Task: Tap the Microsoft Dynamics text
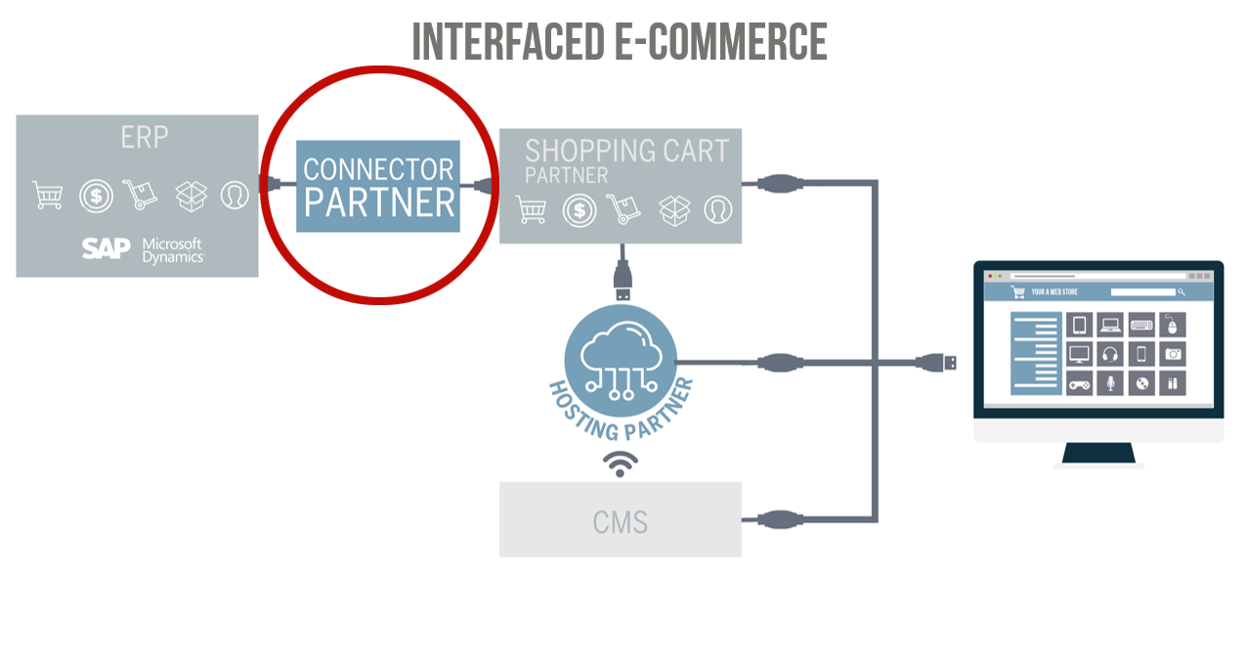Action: coord(172,250)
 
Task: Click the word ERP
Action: coord(145,137)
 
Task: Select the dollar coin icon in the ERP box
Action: coord(96,196)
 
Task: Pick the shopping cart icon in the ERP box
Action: coord(47,196)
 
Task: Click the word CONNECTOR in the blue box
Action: coord(378,169)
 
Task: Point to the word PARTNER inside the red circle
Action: coord(379,202)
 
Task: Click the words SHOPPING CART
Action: coord(626,152)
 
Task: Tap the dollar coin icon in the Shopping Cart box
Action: coord(580,209)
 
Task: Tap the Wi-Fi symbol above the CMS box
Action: coord(620,464)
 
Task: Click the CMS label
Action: coord(620,522)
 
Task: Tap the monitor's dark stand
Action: coord(1098,453)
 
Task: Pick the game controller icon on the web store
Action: coord(1078,382)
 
